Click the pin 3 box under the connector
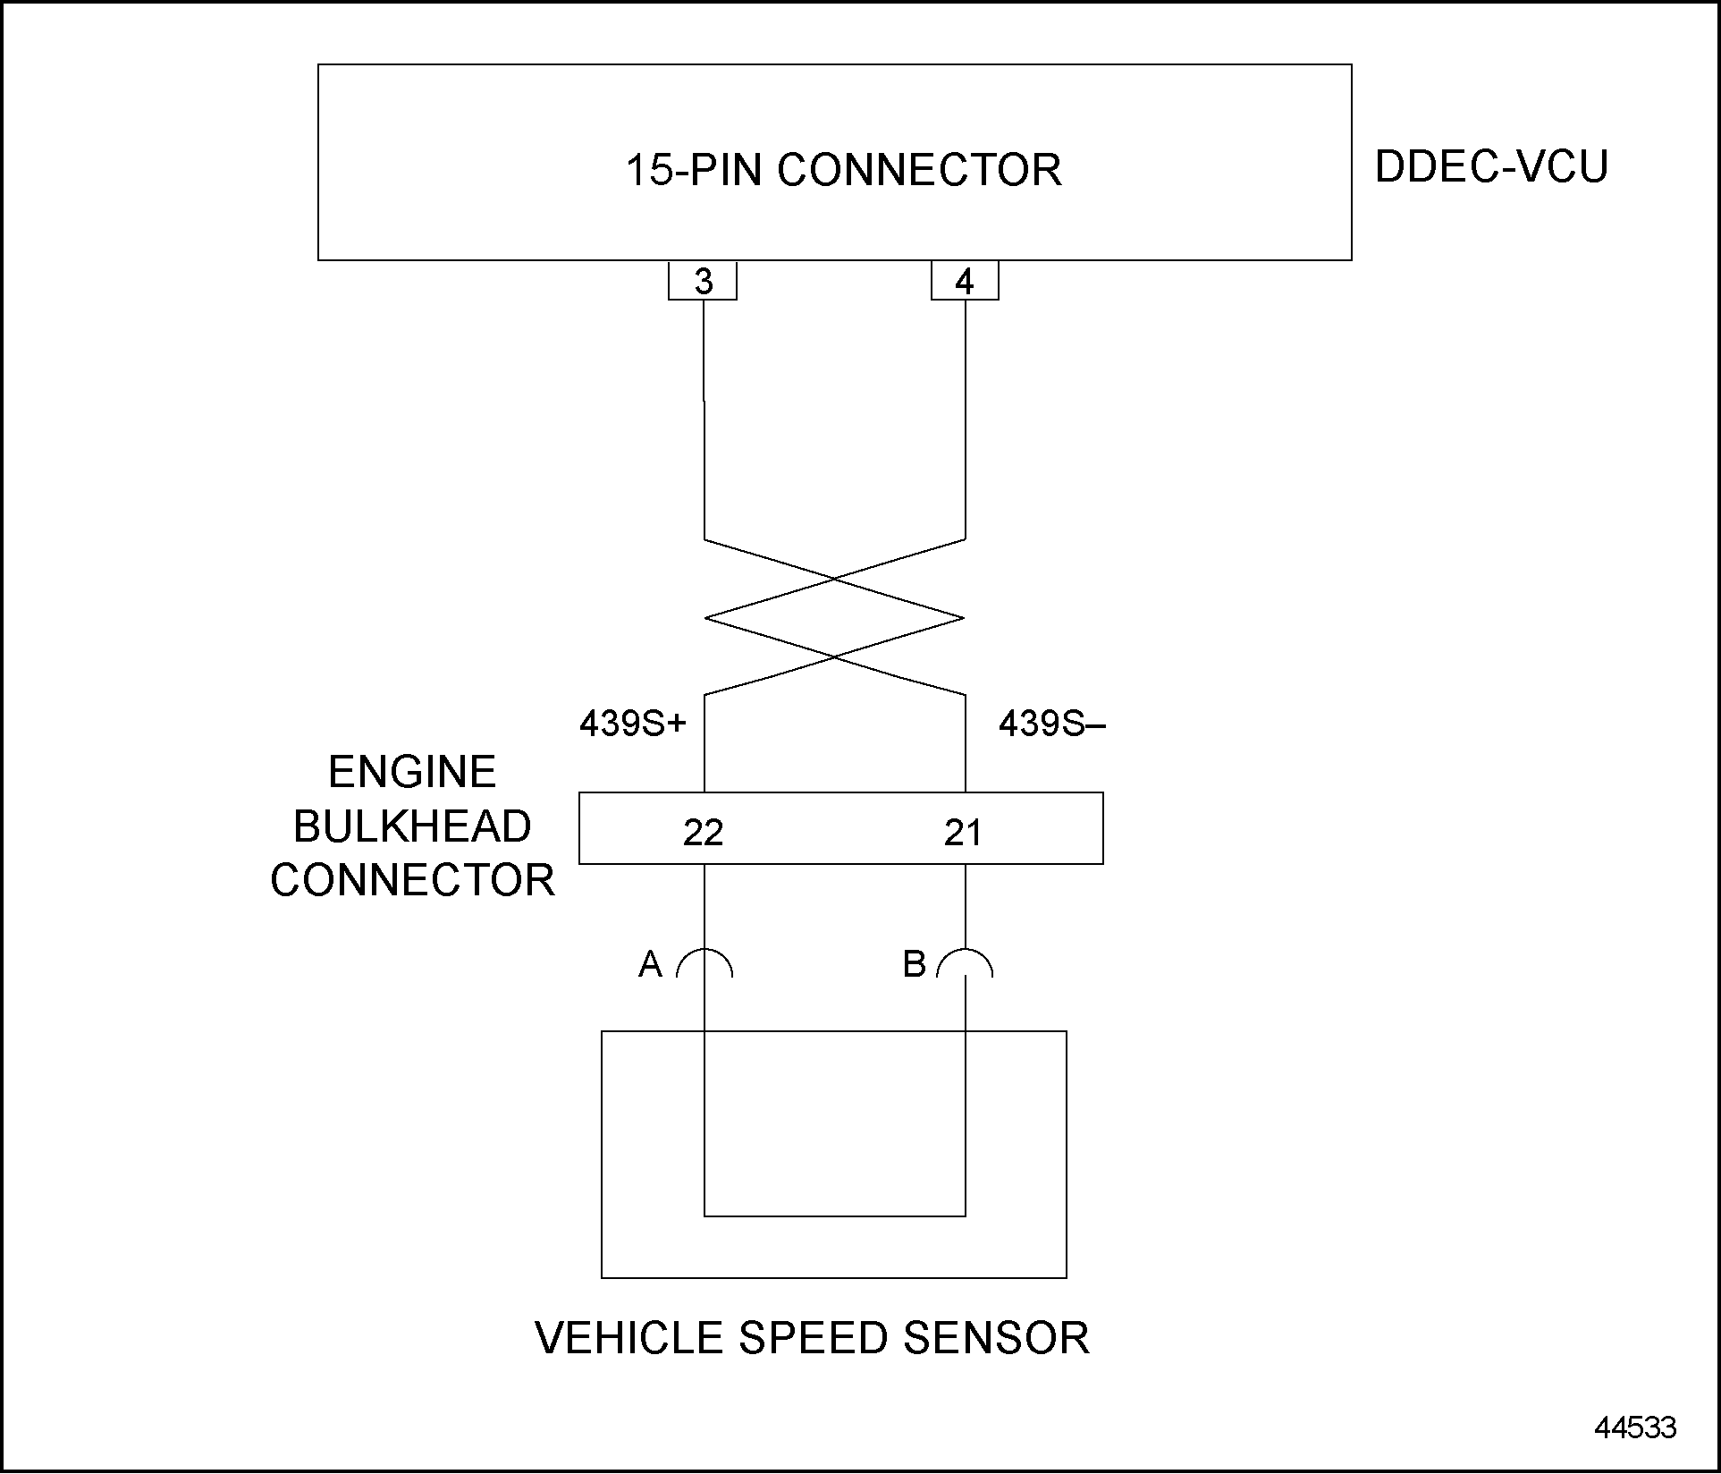703,282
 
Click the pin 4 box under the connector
964,282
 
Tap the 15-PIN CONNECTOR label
843,170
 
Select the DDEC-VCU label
1490,166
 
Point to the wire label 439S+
632,724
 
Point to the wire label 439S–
1051,724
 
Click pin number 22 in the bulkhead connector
703,833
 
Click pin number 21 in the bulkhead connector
963,833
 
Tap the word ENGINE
412,772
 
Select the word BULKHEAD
412,826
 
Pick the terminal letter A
650,964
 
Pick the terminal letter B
914,964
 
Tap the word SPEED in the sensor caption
813,1338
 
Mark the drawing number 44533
1635,1427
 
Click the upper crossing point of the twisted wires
835,579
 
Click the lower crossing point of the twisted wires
835,657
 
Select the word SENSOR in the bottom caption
996,1338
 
